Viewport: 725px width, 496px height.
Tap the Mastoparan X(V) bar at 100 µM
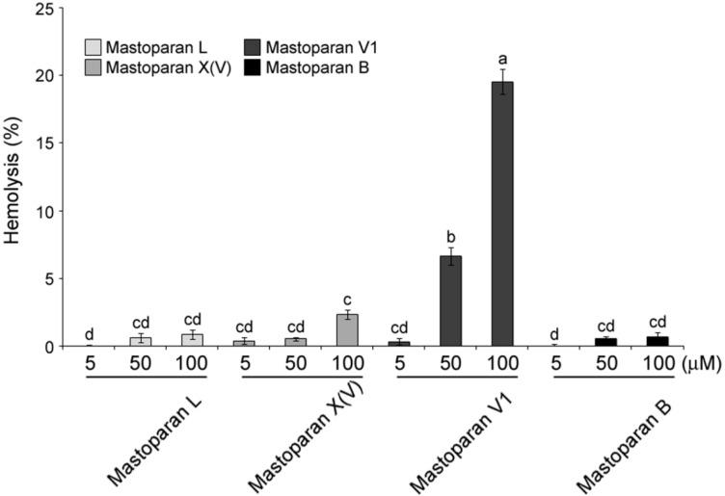tap(347, 329)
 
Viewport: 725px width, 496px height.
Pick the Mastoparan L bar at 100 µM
tap(193, 340)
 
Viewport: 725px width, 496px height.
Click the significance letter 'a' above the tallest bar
tap(501, 59)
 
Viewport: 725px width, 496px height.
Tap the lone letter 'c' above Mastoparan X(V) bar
tap(347, 300)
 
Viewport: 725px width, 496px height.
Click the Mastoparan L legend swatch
tap(93, 46)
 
